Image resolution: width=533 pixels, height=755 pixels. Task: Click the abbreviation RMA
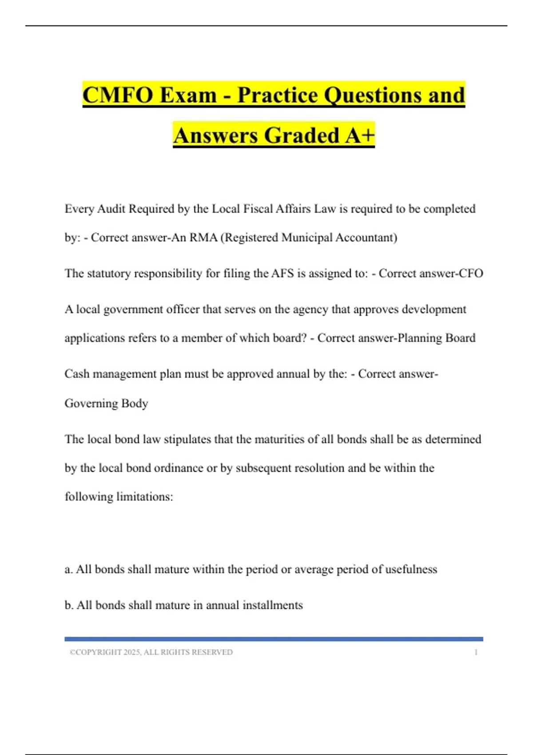click(203, 238)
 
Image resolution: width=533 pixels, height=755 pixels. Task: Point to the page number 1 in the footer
click(476, 652)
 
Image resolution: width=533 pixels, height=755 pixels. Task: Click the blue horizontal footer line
click(274, 639)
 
